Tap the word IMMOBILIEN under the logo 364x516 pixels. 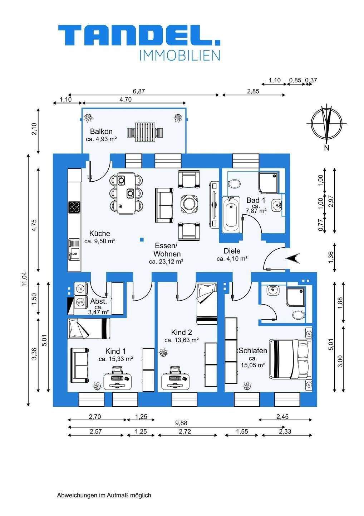click(179, 56)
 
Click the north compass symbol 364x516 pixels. click(326, 123)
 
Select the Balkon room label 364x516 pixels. click(101, 132)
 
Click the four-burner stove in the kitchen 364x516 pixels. click(74, 207)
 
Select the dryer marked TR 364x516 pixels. click(80, 288)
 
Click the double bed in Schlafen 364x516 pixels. click(290, 359)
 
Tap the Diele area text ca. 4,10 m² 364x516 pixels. click(232, 258)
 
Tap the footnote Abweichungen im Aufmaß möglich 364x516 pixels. click(104, 495)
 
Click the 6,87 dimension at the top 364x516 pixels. click(139, 91)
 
